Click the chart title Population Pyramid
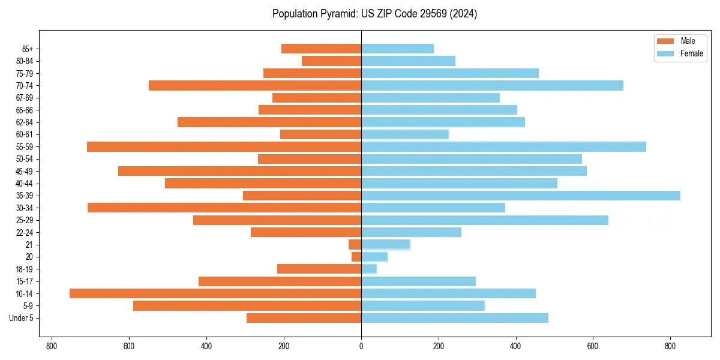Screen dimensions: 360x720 pyautogui.click(x=374, y=14)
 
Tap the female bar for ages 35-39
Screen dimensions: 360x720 pyautogui.click(x=520, y=196)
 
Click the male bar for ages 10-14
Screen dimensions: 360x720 pyautogui.click(x=215, y=293)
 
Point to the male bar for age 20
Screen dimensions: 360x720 pyautogui.click(x=356, y=257)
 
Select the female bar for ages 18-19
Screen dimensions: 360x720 pyautogui.click(x=369, y=269)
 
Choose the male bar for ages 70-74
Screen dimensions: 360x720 pyautogui.click(x=255, y=86)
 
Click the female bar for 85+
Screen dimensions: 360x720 pyautogui.click(x=397, y=49)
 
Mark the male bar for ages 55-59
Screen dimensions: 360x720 pyautogui.click(x=224, y=146)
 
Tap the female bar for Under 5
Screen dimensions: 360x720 pyautogui.click(x=454, y=318)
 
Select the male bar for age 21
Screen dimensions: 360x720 pyautogui.click(x=355, y=244)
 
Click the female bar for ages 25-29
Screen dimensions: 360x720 pyautogui.click(x=484, y=220)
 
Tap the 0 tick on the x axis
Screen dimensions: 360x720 pyautogui.click(x=361, y=346)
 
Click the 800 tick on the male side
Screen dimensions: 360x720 pyautogui.click(x=52, y=346)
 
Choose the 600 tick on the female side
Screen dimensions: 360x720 pyautogui.click(x=593, y=346)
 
